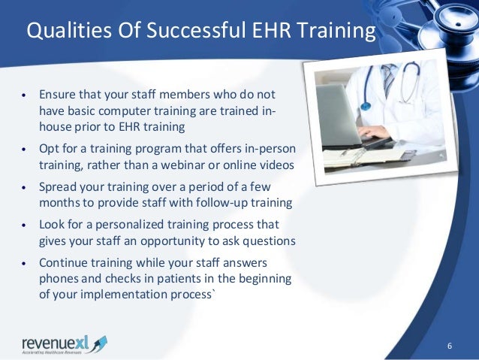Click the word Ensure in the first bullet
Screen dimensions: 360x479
point(56,96)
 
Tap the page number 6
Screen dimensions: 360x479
point(449,345)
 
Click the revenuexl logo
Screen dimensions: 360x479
point(64,343)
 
